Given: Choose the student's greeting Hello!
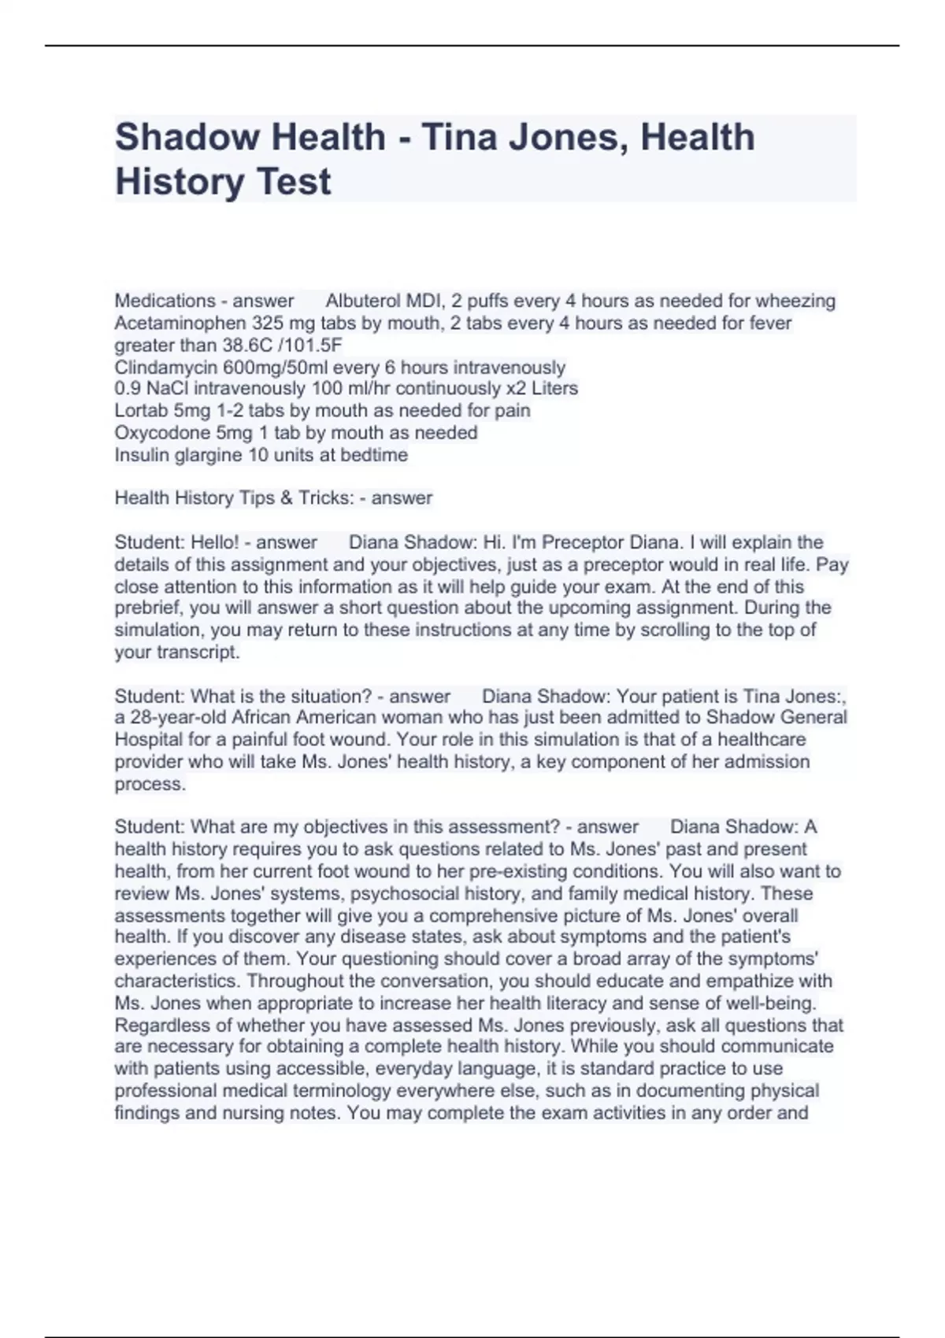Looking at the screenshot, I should tap(215, 542).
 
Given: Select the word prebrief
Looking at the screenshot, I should tap(146, 608).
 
